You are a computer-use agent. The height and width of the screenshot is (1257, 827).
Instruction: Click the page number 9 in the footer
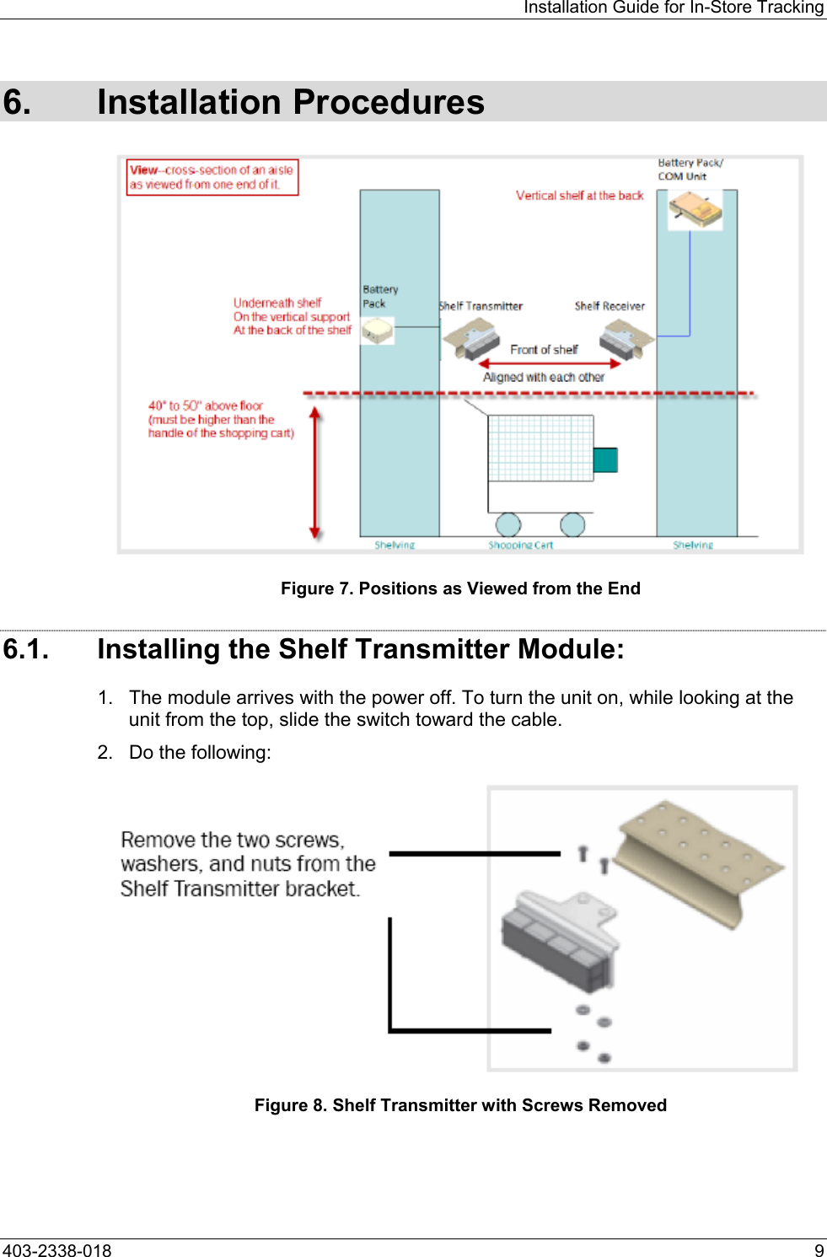(819, 1250)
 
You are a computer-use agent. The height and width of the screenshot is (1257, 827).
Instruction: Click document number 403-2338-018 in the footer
(56, 1250)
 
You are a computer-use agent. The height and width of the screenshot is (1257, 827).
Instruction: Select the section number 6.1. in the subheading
(26, 649)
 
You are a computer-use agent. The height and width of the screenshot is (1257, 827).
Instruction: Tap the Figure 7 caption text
(460, 588)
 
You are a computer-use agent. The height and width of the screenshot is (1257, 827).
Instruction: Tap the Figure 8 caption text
(460, 1105)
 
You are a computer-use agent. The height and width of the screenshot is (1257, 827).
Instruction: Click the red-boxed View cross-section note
(212, 177)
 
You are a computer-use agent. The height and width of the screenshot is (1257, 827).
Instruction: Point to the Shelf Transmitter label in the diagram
(481, 306)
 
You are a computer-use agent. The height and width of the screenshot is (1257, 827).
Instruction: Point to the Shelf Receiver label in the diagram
(610, 306)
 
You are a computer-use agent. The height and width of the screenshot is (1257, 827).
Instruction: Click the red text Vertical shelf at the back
(579, 196)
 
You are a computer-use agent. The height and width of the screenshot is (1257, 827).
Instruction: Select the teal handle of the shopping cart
(605, 460)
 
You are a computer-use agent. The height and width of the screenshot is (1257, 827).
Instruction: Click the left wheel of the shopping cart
(507, 524)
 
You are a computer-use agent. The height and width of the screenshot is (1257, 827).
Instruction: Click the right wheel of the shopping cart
(572, 524)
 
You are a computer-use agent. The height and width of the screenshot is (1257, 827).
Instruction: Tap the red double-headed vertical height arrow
(314, 473)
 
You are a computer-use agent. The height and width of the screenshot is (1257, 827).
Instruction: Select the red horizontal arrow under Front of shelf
(550, 364)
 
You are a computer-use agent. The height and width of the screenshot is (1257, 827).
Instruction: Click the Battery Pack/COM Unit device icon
(695, 208)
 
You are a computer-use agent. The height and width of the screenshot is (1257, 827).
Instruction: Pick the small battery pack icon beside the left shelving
(378, 330)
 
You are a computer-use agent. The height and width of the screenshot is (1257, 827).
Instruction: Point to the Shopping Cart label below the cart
(520, 545)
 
